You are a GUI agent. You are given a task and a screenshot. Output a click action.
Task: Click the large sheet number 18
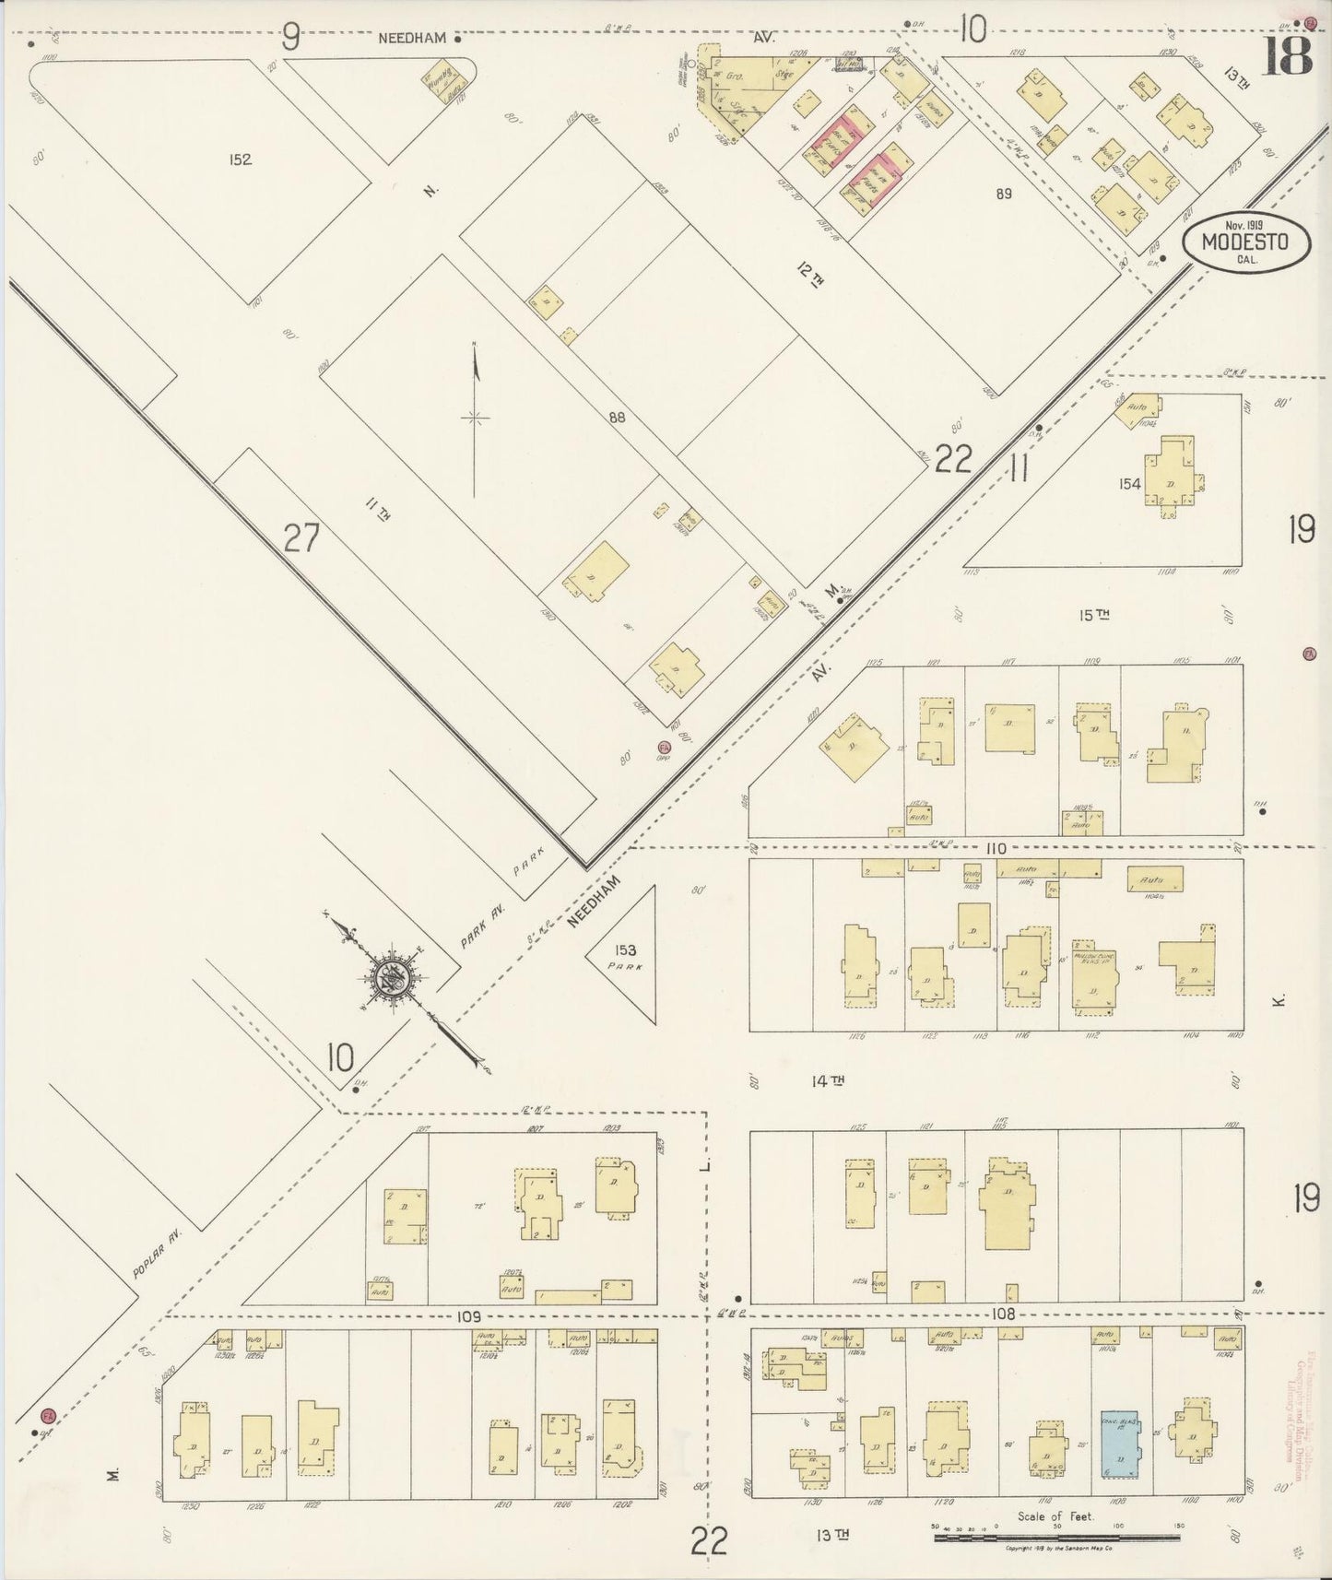(1287, 55)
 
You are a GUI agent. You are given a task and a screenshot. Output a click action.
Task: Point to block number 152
(240, 159)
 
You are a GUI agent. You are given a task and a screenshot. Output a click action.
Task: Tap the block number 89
(1004, 194)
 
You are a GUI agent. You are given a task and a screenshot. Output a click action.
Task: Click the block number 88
(617, 417)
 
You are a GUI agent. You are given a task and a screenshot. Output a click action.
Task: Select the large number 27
(301, 537)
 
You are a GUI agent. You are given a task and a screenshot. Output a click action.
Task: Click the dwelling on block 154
(1173, 478)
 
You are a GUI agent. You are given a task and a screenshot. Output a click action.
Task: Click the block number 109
(469, 1316)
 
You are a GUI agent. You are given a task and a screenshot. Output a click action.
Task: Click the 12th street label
(810, 275)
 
